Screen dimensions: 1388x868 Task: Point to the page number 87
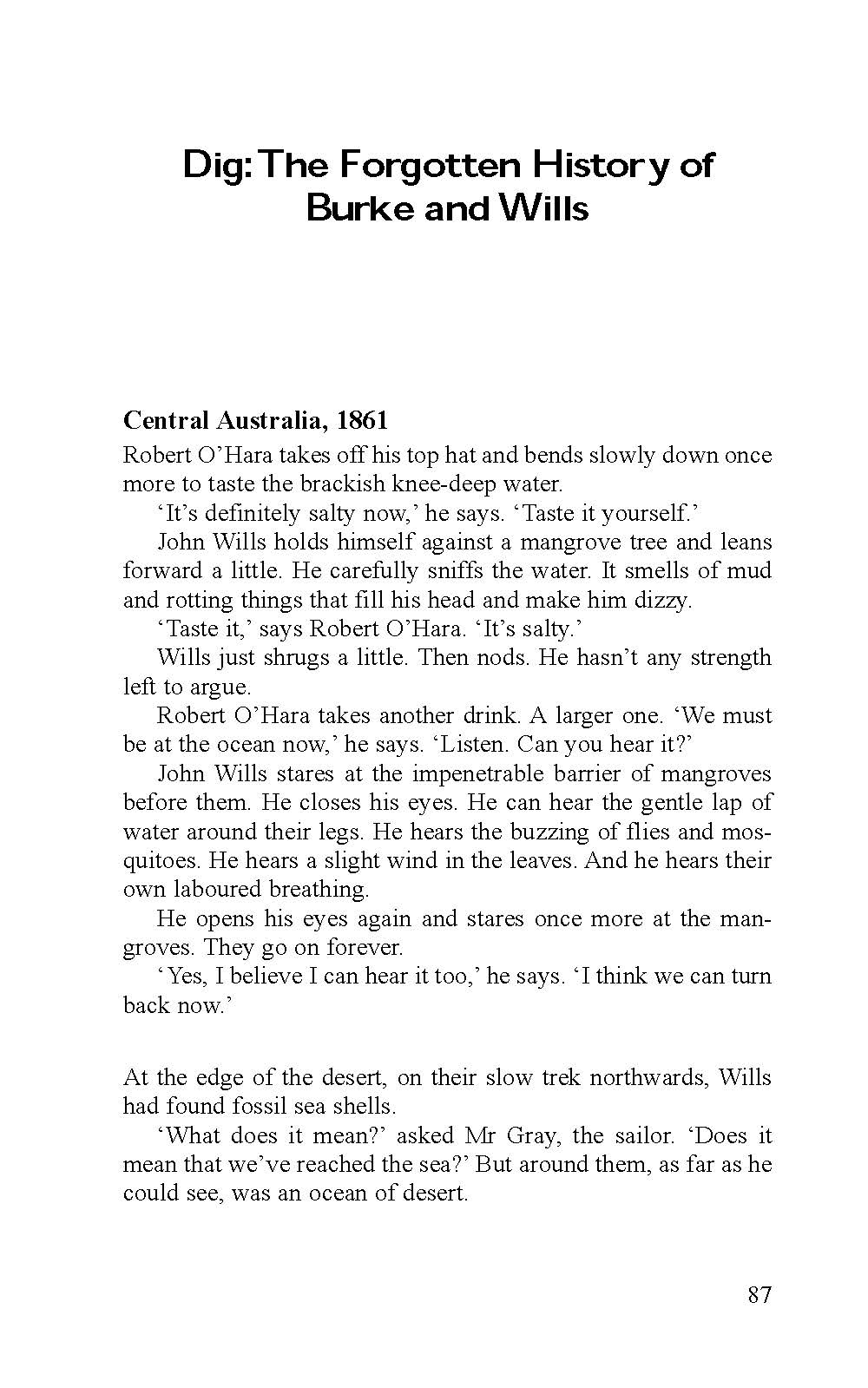[x=759, y=1295]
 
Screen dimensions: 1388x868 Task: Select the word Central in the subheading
[x=166, y=421]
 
